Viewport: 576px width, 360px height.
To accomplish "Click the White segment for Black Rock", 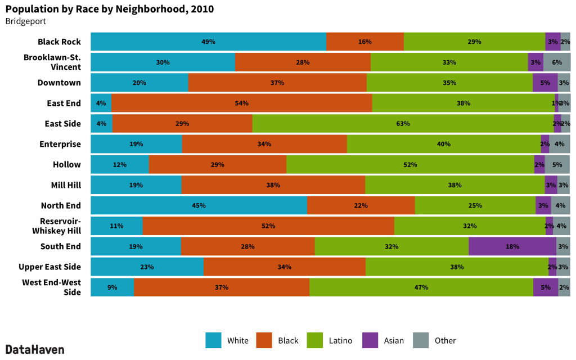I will pyautogui.click(x=208, y=42).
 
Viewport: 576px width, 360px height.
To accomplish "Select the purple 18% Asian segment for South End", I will pyautogui.click(x=512, y=246).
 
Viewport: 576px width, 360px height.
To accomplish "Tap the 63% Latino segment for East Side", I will pyautogui.click(x=403, y=124).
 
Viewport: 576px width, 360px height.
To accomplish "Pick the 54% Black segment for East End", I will pyautogui.click(x=241, y=103).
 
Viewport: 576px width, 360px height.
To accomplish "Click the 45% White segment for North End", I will pyautogui.click(x=199, y=205).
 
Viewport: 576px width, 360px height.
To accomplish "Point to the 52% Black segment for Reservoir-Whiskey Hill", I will pyautogui.click(x=268, y=226).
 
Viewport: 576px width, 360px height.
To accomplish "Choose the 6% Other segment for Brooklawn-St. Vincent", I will pyautogui.click(x=557, y=62).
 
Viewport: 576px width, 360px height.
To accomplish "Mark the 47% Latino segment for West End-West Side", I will pyautogui.click(x=421, y=287).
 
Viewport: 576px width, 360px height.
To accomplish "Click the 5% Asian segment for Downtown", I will pyautogui.click(x=544, y=83).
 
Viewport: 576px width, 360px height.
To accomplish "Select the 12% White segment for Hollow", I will pyautogui.click(x=119, y=165).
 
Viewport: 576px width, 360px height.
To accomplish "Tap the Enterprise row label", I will pyautogui.click(x=60, y=145).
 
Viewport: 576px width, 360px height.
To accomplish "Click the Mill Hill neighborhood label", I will pyautogui.click(x=65, y=185).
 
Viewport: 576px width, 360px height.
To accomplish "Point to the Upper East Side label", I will pyautogui.click(x=49, y=267).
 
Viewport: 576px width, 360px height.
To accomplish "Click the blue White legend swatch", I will pyautogui.click(x=213, y=340).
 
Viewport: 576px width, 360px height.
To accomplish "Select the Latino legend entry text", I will pyautogui.click(x=340, y=341).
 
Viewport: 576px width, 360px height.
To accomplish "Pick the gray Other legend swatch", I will pyautogui.click(x=421, y=340).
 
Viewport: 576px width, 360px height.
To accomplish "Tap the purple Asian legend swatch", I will pyautogui.click(x=370, y=340).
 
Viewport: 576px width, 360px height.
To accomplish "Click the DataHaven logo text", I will pyautogui.click(x=35, y=349).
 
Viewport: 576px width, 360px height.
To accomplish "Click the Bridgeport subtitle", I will pyautogui.click(x=25, y=21).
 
